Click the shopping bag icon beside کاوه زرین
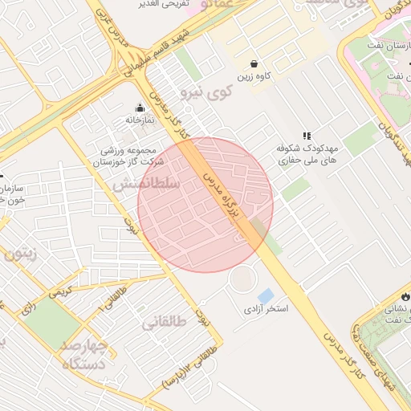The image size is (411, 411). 254,63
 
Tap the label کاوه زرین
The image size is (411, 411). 254,78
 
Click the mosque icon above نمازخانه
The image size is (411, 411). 140,108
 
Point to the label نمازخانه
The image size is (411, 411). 140,120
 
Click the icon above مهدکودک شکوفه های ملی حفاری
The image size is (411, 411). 306,136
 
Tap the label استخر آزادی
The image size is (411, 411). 267,308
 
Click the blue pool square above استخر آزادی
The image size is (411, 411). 266,295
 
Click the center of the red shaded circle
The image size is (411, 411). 205,205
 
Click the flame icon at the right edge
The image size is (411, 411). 405,295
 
